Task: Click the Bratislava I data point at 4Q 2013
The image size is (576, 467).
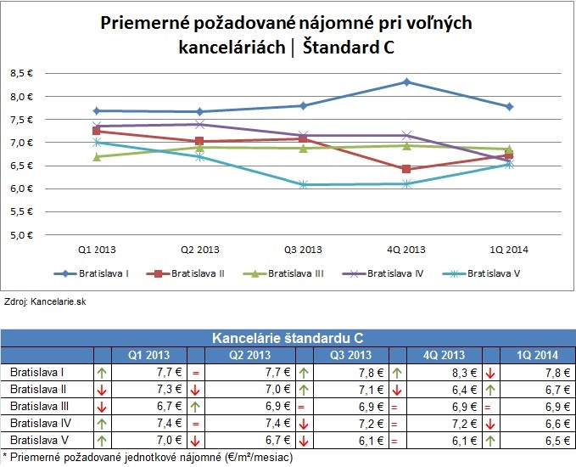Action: click(407, 82)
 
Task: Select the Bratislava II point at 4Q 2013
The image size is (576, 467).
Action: click(407, 169)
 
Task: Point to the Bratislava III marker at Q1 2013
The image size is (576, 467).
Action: click(98, 157)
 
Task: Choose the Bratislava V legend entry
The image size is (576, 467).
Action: click(488, 273)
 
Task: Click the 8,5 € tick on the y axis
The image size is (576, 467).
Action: click(20, 74)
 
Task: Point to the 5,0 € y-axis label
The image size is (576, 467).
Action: click(20, 234)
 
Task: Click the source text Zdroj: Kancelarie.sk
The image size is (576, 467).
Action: click(41, 301)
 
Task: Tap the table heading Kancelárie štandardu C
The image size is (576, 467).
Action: click(288, 338)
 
